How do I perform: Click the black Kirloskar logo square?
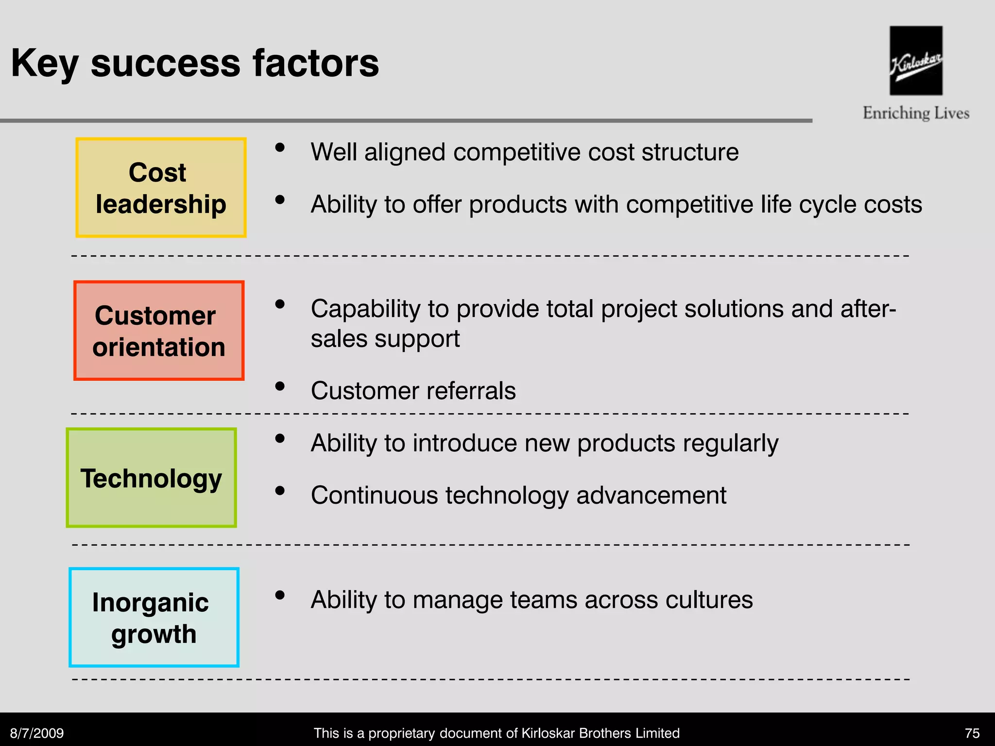click(x=916, y=60)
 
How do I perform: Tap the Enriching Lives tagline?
click(x=916, y=113)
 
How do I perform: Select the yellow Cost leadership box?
click(x=161, y=187)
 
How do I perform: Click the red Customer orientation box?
click(x=159, y=330)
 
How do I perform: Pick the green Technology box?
click(x=151, y=477)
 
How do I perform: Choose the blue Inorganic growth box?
click(x=154, y=617)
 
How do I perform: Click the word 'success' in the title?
click(x=165, y=63)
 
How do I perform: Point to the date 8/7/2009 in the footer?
click(x=37, y=733)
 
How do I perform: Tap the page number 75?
click(x=972, y=733)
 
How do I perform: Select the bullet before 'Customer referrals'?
click(x=280, y=387)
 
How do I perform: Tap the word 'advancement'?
click(x=651, y=496)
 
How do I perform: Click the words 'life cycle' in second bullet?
click(x=816, y=204)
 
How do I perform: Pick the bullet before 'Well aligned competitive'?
click(x=280, y=148)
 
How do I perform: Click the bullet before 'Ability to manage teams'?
click(x=280, y=595)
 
